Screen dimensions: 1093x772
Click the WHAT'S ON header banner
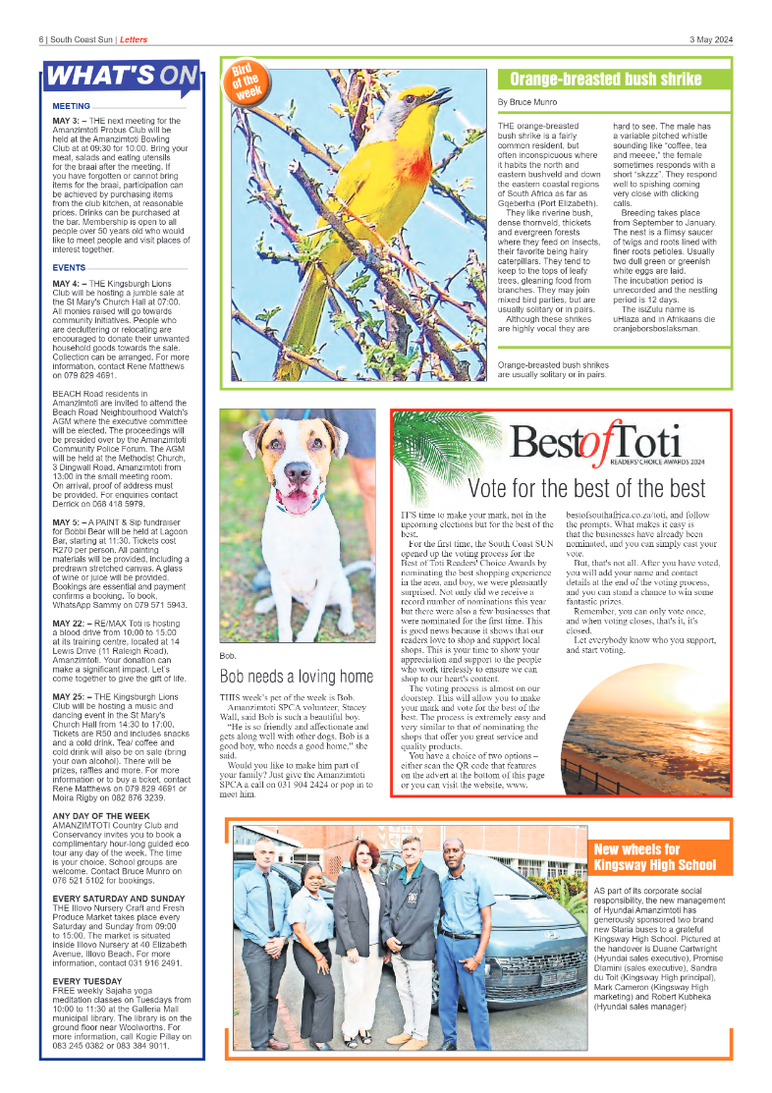120,76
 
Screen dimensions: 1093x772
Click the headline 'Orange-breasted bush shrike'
605,80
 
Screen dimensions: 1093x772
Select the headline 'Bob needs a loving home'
296,677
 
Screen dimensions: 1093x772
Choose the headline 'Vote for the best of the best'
586,488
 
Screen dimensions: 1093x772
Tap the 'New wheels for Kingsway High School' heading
654,857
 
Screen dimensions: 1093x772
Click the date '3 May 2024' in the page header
710,39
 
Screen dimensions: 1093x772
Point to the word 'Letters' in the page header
134,39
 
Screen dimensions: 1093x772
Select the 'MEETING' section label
72,105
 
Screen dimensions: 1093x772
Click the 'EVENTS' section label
69,268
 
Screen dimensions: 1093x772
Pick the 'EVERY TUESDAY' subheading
87,981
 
